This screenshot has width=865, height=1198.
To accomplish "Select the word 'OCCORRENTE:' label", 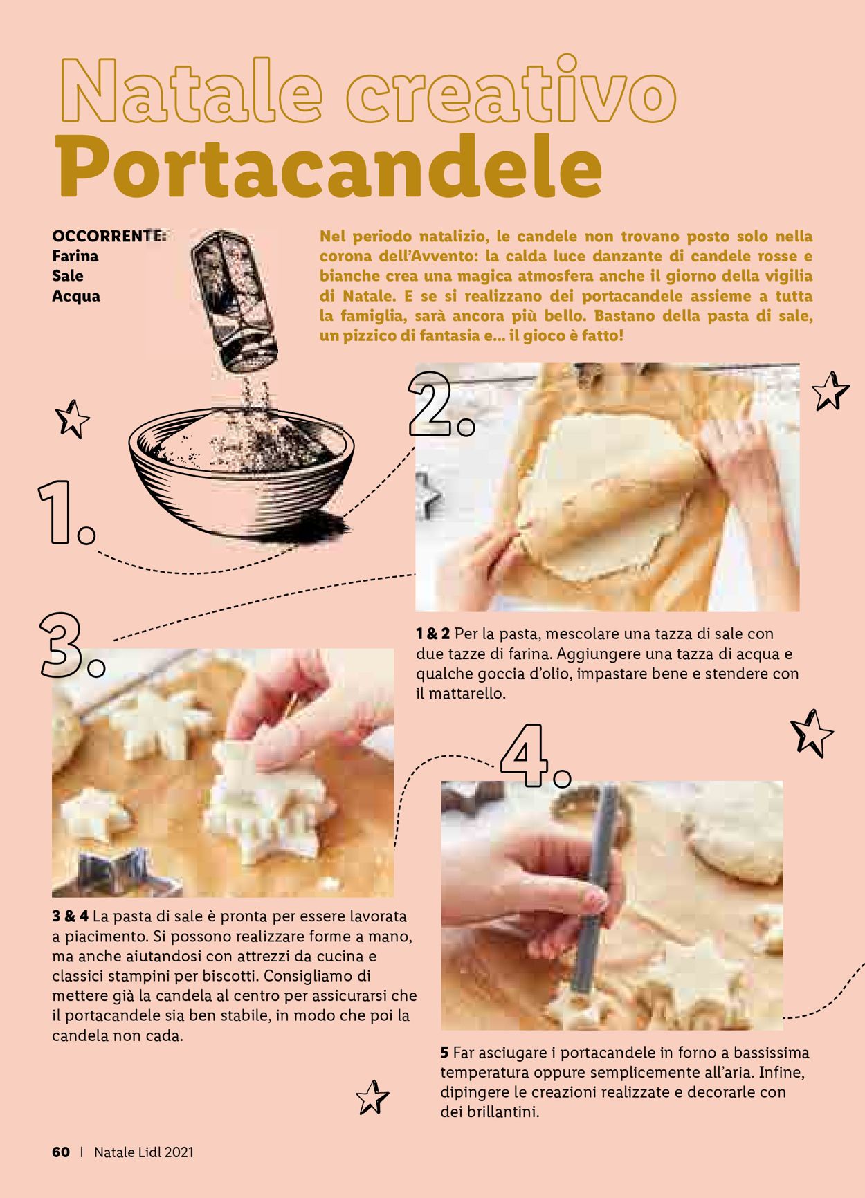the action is pyautogui.click(x=109, y=236).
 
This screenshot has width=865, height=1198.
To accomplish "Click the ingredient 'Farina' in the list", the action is pyautogui.click(x=75, y=256).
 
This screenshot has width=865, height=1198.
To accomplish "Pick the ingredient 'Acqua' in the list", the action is pyautogui.click(x=76, y=296).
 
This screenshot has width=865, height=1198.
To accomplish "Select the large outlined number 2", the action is pyautogui.click(x=440, y=405).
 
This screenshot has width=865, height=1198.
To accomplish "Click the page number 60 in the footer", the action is pyautogui.click(x=61, y=1152).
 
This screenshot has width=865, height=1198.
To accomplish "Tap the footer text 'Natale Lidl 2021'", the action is pyautogui.click(x=144, y=1152).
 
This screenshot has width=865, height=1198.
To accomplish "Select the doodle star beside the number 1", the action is pyautogui.click(x=73, y=418).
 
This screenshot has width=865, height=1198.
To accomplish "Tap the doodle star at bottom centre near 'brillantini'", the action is pyautogui.click(x=372, y=1097).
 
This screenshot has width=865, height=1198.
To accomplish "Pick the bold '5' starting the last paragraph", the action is pyautogui.click(x=444, y=1053).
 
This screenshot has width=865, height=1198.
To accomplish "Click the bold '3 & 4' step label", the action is pyautogui.click(x=71, y=917).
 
